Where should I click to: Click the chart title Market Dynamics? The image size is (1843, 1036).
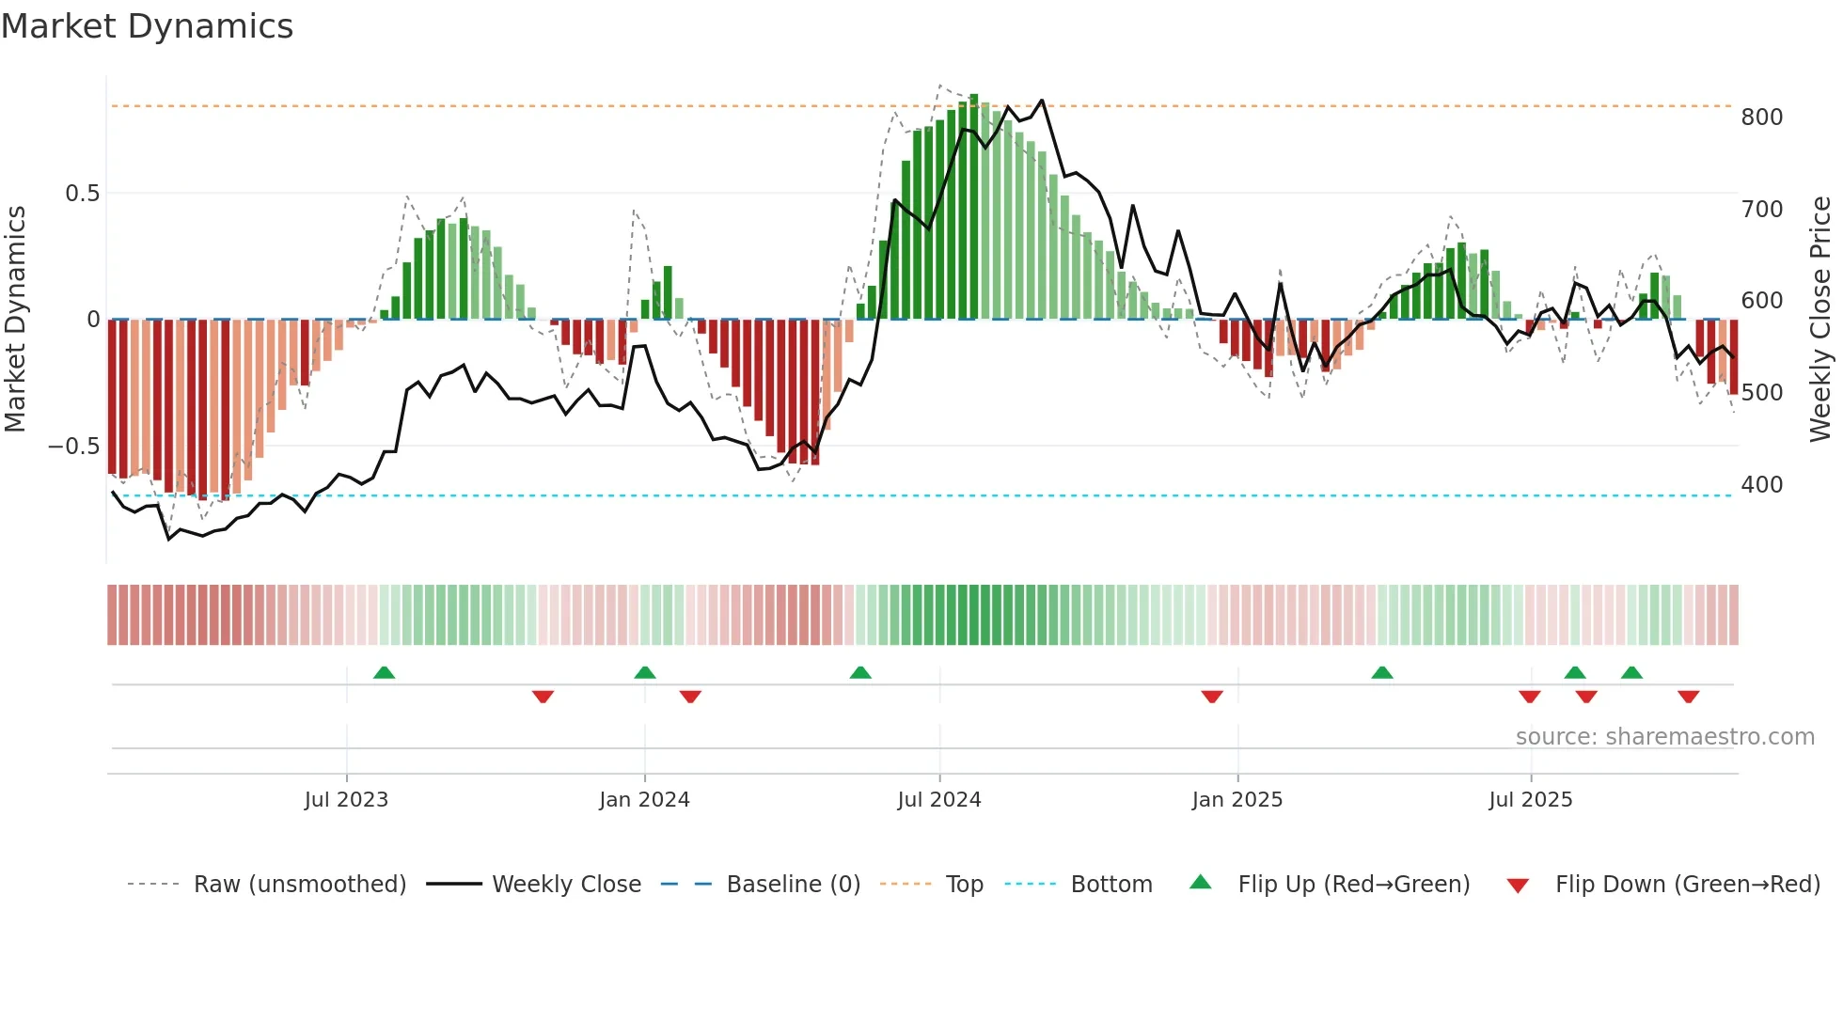tap(147, 26)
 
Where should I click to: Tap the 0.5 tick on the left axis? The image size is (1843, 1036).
tap(82, 194)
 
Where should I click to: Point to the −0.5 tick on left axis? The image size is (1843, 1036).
tap(74, 447)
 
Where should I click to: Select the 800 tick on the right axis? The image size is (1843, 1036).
tap(1761, 118)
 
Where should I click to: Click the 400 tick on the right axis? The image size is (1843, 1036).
tap(1761, 485)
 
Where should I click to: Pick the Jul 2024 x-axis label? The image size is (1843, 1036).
tap(938, 800)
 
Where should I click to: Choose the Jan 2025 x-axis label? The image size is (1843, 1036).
tap(1237, 800)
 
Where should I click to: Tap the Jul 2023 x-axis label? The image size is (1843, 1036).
tap(346, 800)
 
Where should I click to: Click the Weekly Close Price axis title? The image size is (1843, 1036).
tap(1820, 320)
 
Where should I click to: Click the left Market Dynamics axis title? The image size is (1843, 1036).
tap(15, 320)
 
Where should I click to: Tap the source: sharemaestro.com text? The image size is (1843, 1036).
tap(1664, 737)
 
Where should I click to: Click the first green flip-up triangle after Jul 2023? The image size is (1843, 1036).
tap(384, 673)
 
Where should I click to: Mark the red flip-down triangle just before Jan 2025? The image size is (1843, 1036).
tap(1212, 697)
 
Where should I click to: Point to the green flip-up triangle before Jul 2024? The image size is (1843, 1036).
tap(860, 673)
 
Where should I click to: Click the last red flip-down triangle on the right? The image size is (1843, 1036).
tap(1688, 697)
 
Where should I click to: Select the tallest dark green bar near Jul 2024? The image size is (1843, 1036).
tap(974, 207)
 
